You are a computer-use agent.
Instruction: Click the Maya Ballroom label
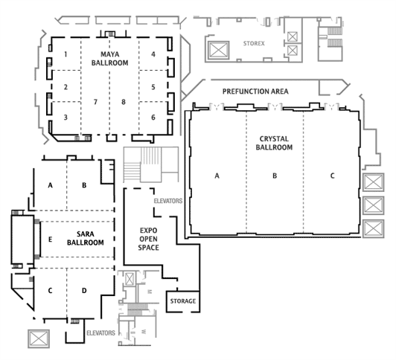(x=109, y=58)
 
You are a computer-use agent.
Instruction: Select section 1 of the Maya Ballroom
(x=66, y=54)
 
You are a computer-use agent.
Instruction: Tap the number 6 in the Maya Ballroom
(x=153, y=118)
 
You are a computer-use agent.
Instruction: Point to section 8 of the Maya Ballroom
(x=124, y=102)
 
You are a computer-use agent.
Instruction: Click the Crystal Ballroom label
(x=274, y=143)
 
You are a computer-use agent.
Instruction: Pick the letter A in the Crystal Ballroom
(x=217, y=176)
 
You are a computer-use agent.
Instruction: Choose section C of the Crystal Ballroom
(x=332, y=176)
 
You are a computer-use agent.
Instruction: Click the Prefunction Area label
(x=255, y=91)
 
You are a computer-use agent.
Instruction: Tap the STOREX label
(x=254, y=43)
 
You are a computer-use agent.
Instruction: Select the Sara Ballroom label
(x=86, y=238)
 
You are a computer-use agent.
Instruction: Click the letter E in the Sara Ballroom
(x=50, y=240)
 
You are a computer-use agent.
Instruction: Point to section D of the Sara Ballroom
(x=84, y=291)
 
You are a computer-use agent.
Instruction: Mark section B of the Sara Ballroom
(x=84, y=185)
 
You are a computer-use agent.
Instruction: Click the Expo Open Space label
(x=149, y=239)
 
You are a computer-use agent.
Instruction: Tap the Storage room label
(x=183, y=301)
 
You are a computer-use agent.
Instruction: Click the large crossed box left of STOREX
(x=218, y=50)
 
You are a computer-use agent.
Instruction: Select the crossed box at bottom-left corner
(x=39, y=338)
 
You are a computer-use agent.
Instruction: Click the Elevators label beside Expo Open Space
(x=168, y=201)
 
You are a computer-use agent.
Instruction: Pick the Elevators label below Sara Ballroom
(x=100, y=333)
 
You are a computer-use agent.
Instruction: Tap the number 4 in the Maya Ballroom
(x=153, y=54)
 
